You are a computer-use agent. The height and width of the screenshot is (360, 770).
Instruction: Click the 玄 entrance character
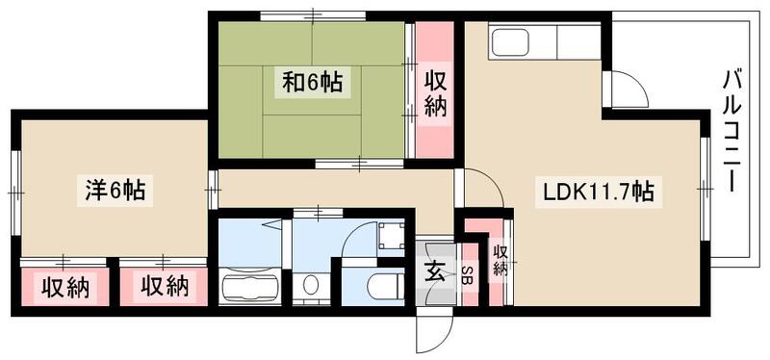[434, 273]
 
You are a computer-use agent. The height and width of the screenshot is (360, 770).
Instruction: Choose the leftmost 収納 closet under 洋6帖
[64, 286]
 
